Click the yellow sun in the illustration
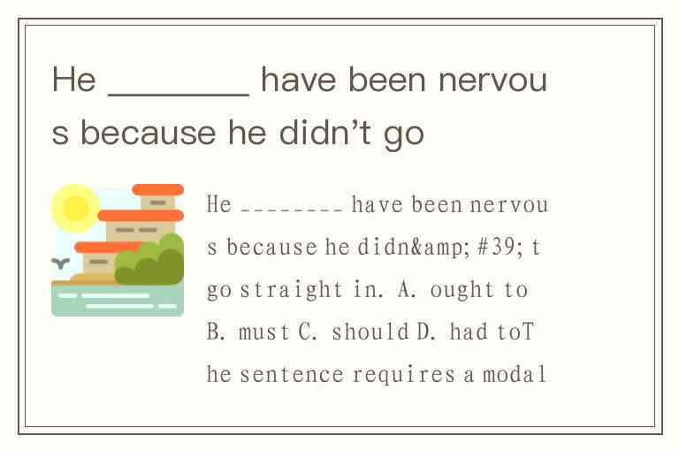click(x=75, y=209)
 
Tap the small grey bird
click(x=61, y=263)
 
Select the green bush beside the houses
click(x=149, y=259)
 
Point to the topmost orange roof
click(x=158, y=190)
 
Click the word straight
click(x=292, y=290)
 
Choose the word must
click(x=263, y=333)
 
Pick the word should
click(x=370, y=332)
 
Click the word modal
click(x=514, y=374)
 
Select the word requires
click(x=403, y=375)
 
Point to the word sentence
click(x=292, y=375)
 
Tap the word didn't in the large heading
click(x=325, y=132)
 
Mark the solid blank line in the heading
click(x=179, y=94)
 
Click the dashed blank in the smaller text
click(x=292, y=210)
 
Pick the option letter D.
click(x=425, y=332)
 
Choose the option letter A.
click(x=407, y=290)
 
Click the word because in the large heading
click(x=149, y=132)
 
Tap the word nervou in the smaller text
click(x=509, y=205)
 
